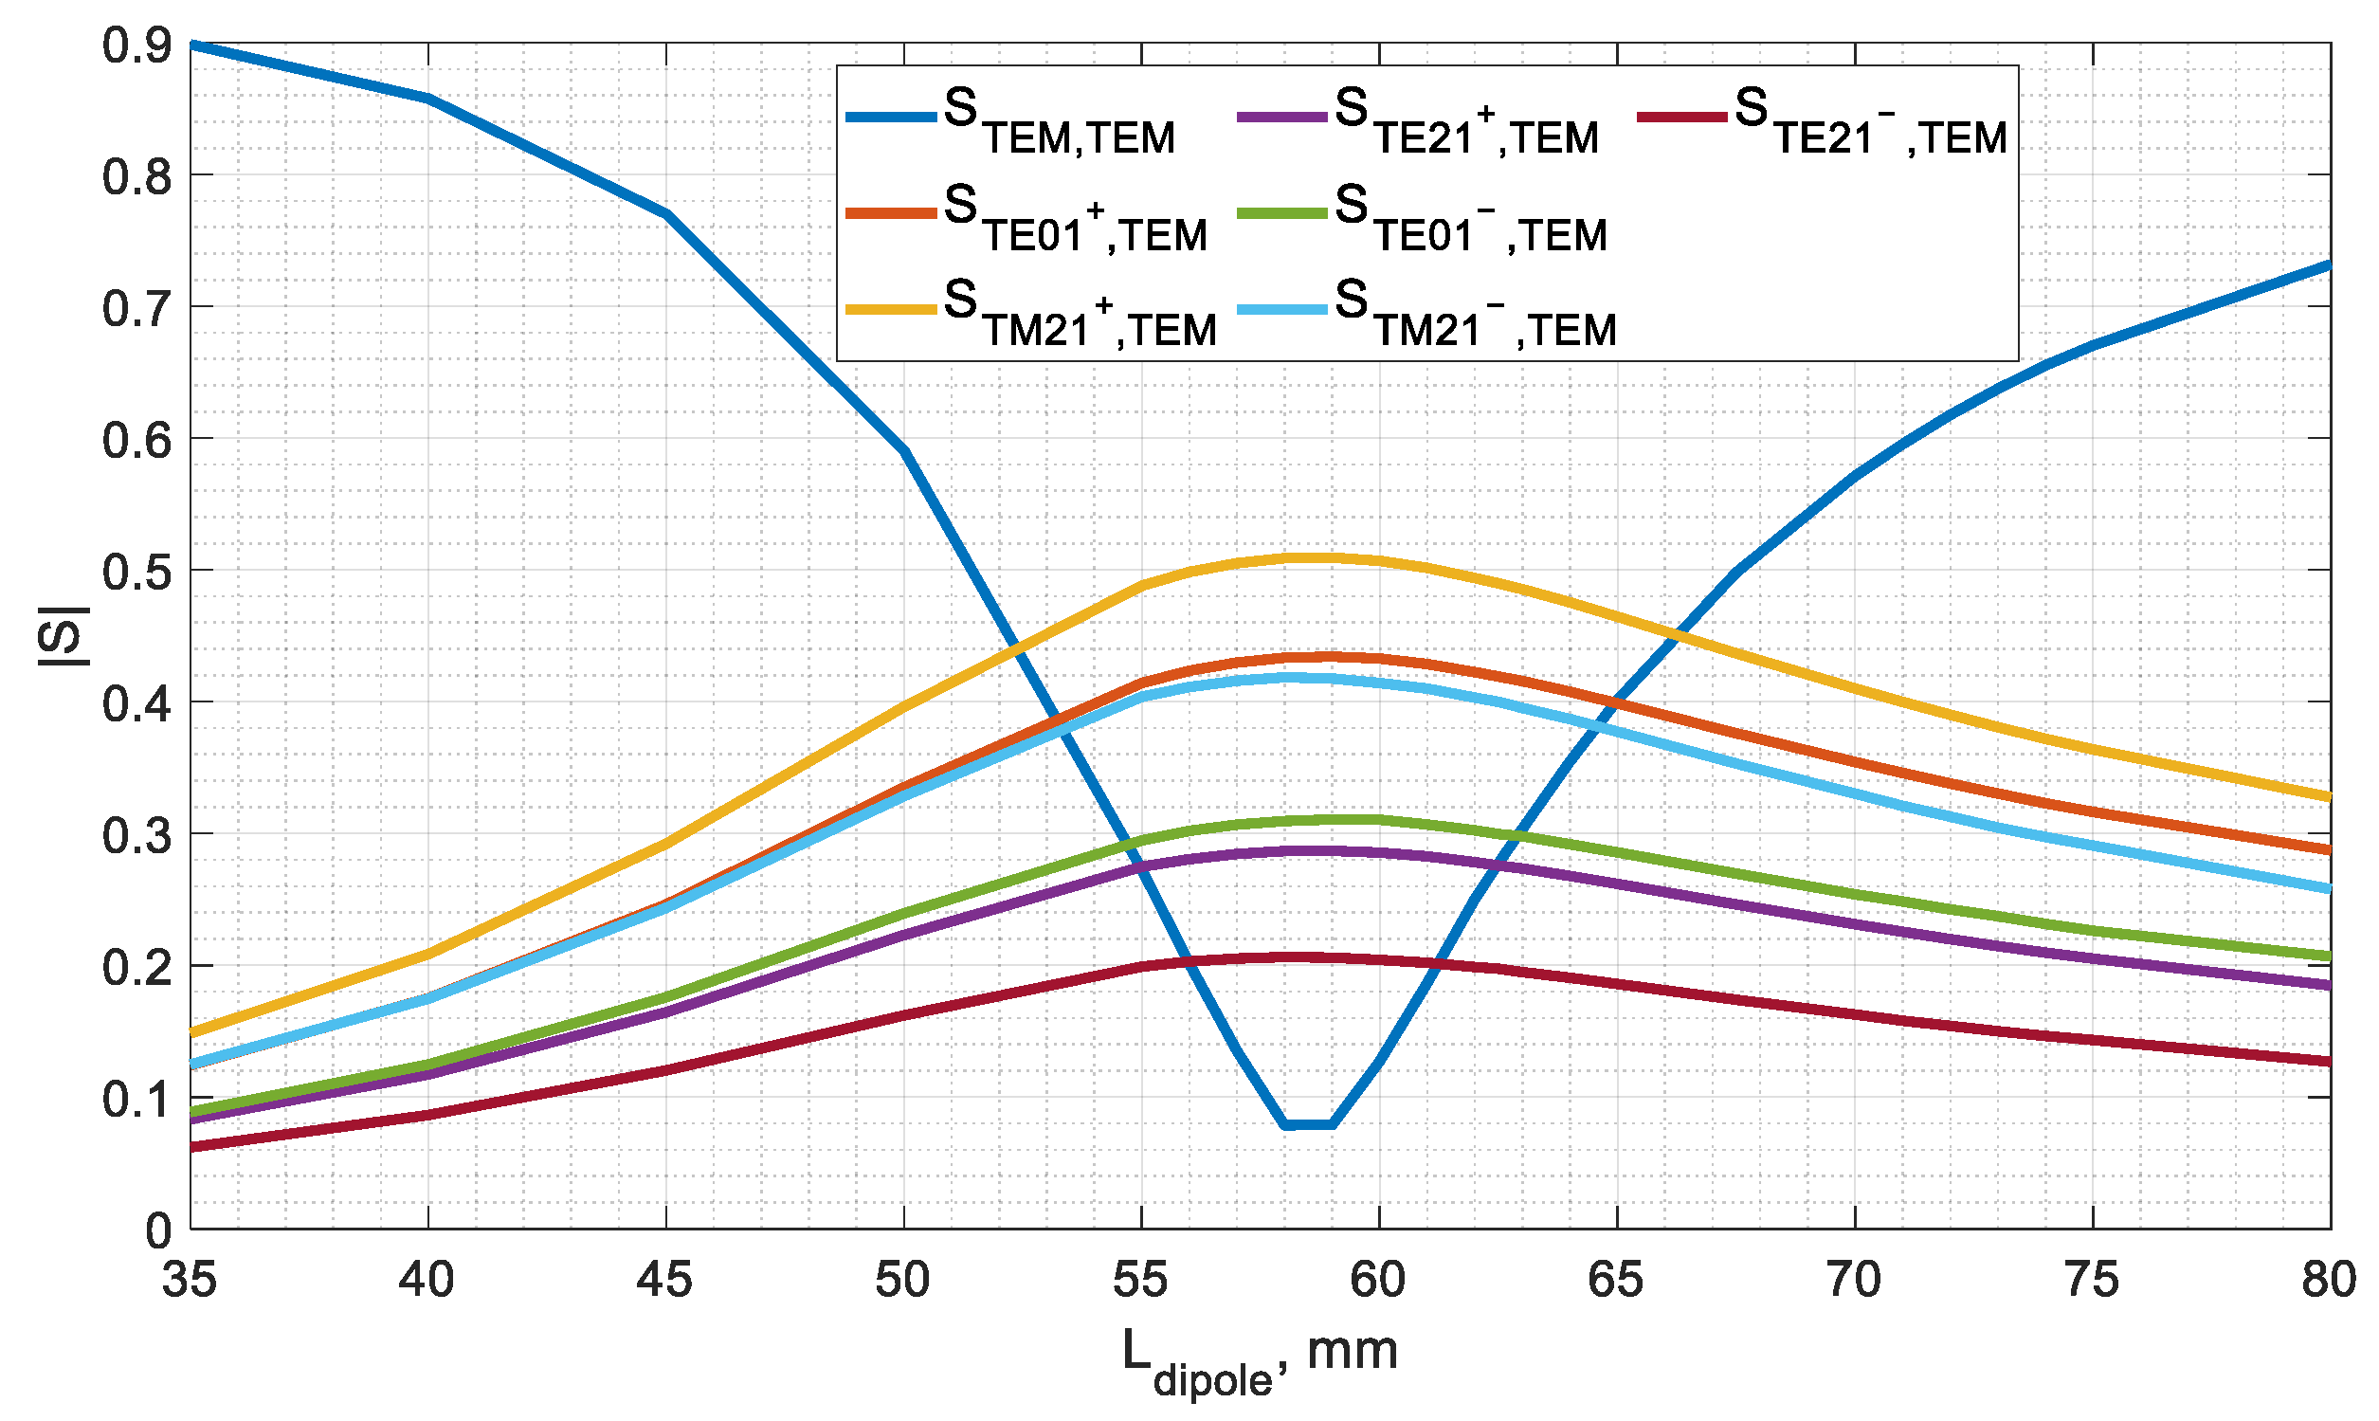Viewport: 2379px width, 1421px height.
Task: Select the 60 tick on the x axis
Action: [1377, 1281]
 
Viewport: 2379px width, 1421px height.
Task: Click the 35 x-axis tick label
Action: [190, 1281]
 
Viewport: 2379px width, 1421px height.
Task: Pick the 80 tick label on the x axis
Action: [2328, 1281]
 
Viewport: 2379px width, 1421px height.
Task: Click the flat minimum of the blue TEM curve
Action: [1308, 1124]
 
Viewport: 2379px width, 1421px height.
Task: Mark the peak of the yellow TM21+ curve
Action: [1308, 557]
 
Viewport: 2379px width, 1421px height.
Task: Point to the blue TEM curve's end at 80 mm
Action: [2328, 264]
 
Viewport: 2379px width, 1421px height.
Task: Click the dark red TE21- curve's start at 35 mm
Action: [191, 1146]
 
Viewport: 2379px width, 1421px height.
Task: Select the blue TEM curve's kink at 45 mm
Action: [666, 213]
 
